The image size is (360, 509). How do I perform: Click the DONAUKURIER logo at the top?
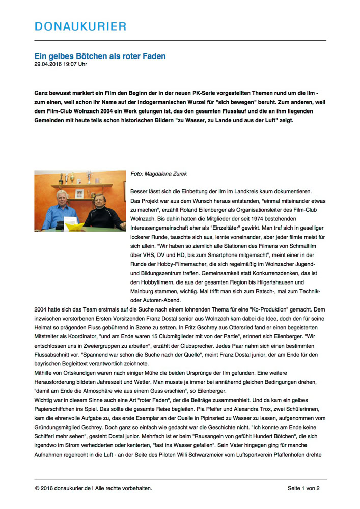point(80,26)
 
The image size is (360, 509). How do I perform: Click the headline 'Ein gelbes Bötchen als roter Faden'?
point(100,56)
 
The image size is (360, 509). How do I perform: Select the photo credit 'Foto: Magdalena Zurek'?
point(159,174)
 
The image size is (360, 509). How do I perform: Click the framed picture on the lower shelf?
point(79,193)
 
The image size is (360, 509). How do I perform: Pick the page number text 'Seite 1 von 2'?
point(303,488)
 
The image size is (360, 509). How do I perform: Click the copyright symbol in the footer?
point(37,488)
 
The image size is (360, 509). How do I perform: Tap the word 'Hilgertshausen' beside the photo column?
point(275,282)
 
